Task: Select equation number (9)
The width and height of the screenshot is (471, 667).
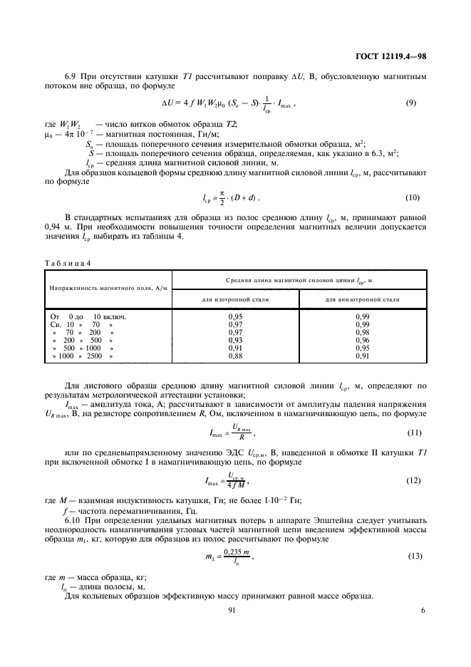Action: [410, 103]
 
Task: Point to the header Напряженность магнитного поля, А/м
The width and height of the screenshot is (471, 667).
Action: [103, 288]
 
